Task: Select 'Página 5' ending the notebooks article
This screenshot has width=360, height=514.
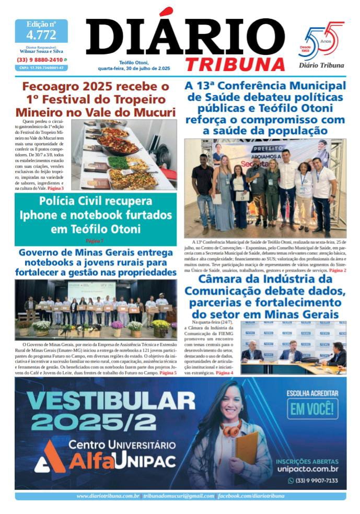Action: point(168,373)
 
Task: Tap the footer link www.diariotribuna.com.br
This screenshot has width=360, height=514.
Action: point(108,496)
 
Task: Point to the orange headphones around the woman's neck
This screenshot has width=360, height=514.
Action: point(230,429)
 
